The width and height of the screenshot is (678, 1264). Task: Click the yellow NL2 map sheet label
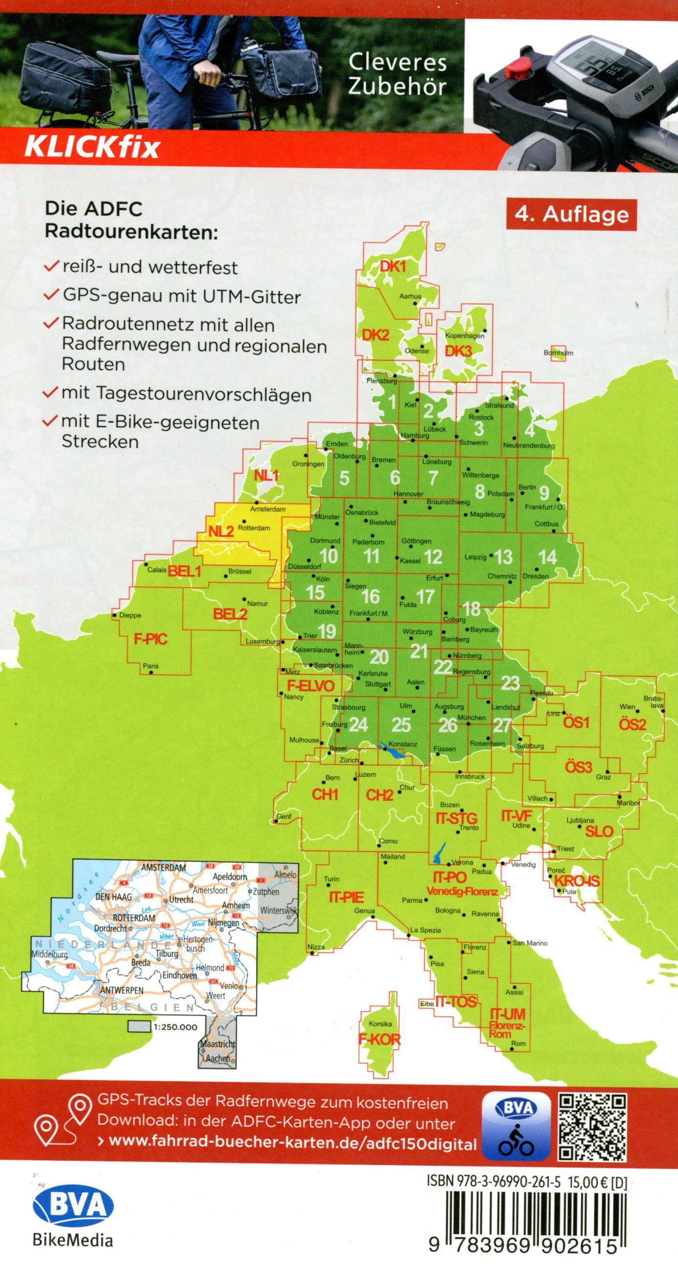pyautogui.click(x=221, y=531)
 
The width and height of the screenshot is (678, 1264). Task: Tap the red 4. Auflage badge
pyautogui.click(x=572, y=215)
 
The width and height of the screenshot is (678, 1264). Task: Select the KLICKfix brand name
pyautogui.click(x=92, y=147)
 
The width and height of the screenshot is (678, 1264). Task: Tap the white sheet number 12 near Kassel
pyautogui.click(x=433, y=556)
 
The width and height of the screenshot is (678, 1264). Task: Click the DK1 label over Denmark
pyautogui.click(x=394, y=266)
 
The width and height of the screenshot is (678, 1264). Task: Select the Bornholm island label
pyautogui.click(x=558, y=353)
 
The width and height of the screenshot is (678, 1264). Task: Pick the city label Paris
pyautogui.click(x=150, y=666)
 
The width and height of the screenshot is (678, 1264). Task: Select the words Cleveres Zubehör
pyautogui.click(x=397, y=75)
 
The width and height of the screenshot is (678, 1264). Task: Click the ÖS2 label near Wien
pyautogui.click(x=632, y=724)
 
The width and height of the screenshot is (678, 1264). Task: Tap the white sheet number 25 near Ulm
pyautogui.click(x=401, y=725)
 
